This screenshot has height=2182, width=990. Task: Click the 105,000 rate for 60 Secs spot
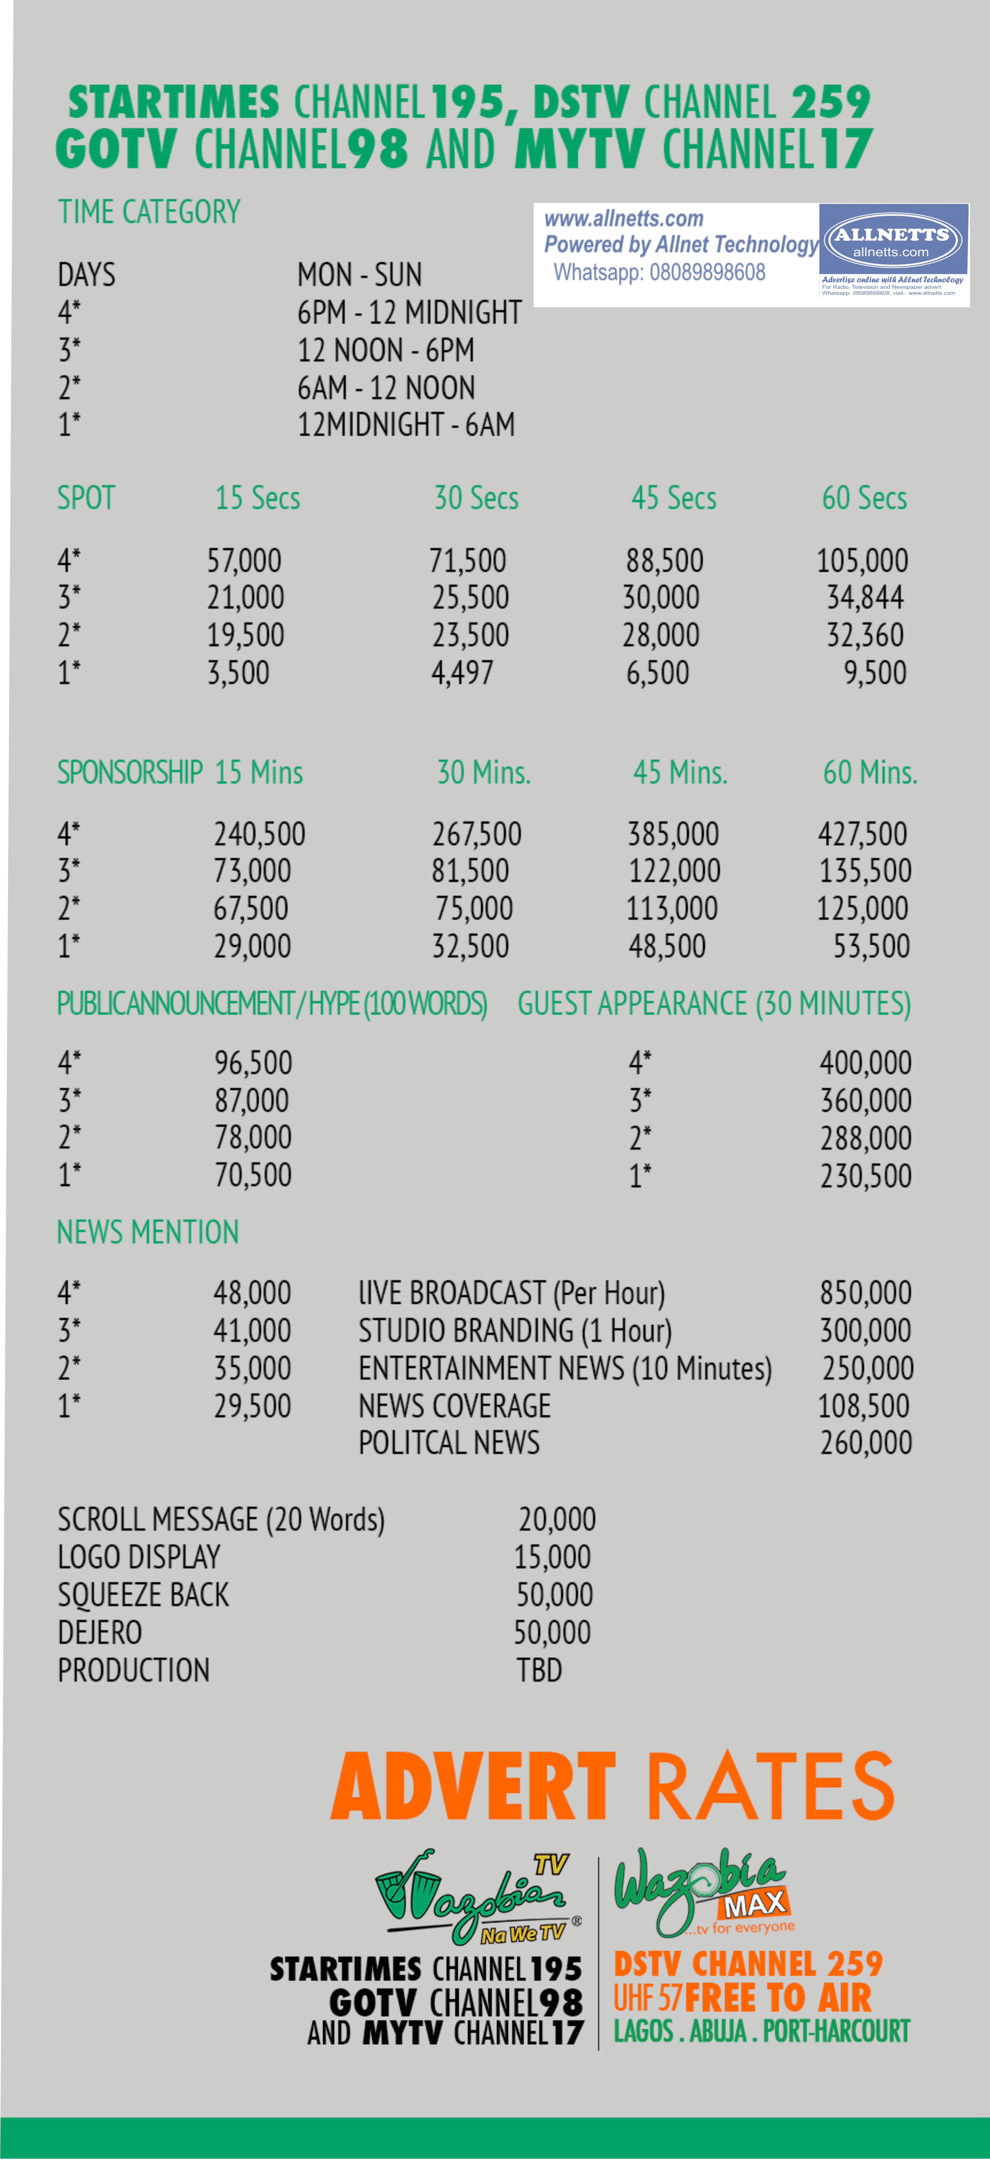click(x=862, y=561)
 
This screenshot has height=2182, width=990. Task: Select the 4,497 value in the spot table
click(x=462, y=673)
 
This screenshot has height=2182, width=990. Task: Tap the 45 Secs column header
click(x=674, y=498)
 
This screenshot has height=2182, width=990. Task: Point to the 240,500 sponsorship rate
click(x=259, y=834)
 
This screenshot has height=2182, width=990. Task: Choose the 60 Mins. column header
click(x=870, y=772)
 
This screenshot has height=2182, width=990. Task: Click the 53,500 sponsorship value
click(x=871, y=946)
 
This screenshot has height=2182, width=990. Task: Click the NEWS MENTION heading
click(x=148, y=1233)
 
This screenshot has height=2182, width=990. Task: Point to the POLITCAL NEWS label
click(x=449, y=1443)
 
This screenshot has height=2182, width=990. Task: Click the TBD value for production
click(x=539, y=1670)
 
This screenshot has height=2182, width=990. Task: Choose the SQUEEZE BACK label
click(x=143, y=1595)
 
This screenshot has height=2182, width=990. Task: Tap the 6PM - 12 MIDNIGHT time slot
click(x=409, y=313)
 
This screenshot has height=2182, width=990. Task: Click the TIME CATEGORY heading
click(x=149, y=212)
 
